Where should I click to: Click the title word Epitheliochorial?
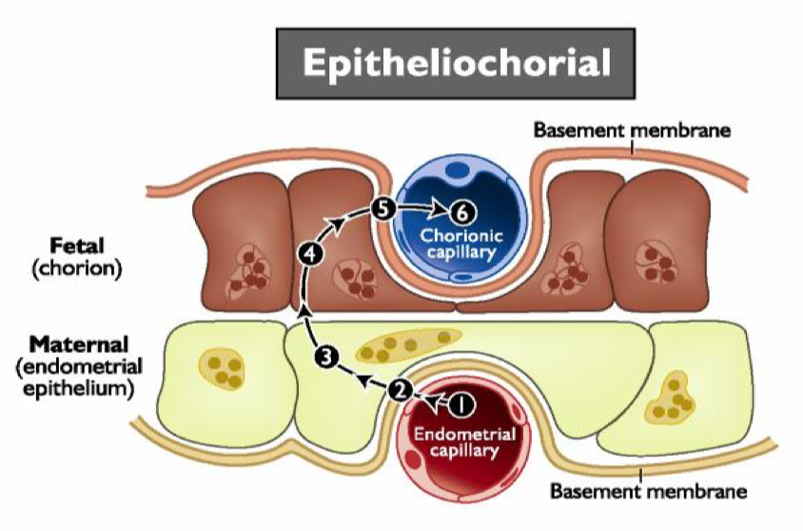456,63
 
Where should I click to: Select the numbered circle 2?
401,388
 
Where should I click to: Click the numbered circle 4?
308,252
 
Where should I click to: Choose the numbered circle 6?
458,210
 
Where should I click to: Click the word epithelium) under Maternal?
75,388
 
